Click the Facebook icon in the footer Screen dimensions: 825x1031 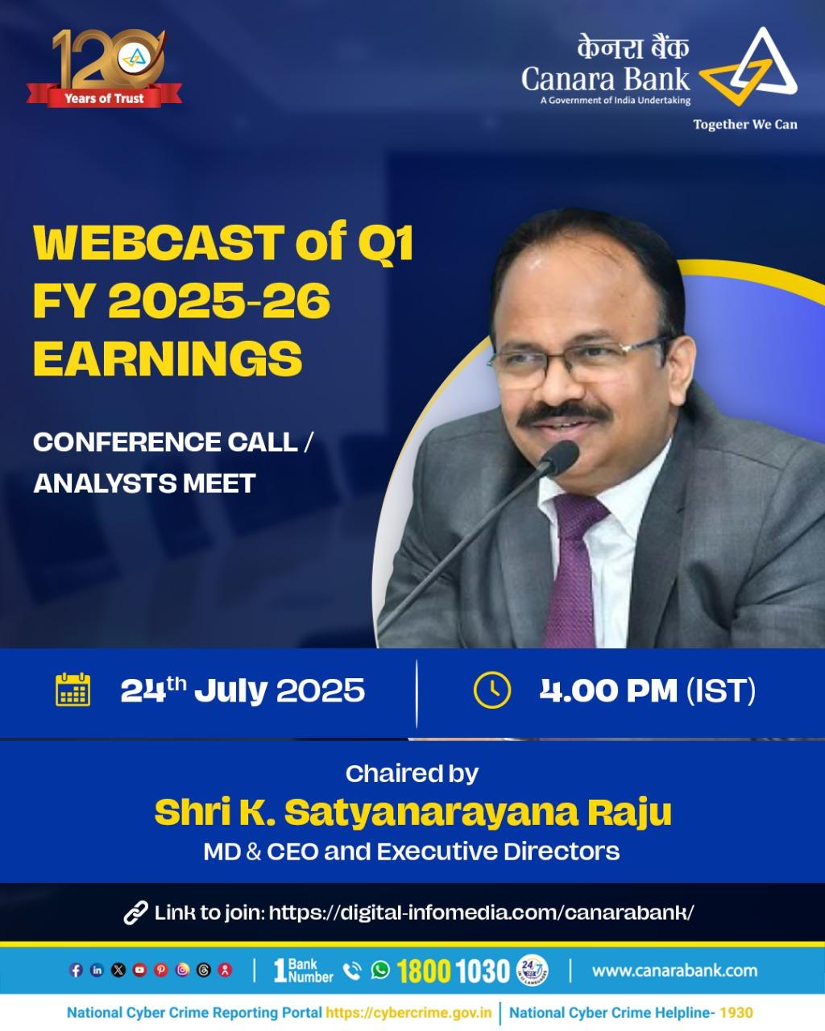click(x=76, y=971)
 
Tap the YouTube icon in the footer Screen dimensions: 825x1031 click(x=139, y=971)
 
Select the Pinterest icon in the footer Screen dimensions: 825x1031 click(x=161, y=971)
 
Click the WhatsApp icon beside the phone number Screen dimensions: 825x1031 click(x=380, y=970)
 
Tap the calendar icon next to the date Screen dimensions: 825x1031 click(x=73, y=689)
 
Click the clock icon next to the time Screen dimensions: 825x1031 click(x=491, y=690)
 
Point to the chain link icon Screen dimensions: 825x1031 click(x=135, y=913)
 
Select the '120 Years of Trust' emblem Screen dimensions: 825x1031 click(x=104, y=68)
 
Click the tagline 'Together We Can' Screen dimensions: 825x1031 click(x=745, y=125)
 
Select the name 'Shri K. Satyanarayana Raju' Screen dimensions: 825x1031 click(x=412, y=812)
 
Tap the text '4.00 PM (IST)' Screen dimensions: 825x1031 click(x=648, y=690)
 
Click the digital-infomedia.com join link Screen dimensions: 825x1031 click(x=481, y=913)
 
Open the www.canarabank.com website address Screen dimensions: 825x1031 click(x=674, y=971)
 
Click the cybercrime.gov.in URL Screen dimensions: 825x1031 click(x=409, y=1012)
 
